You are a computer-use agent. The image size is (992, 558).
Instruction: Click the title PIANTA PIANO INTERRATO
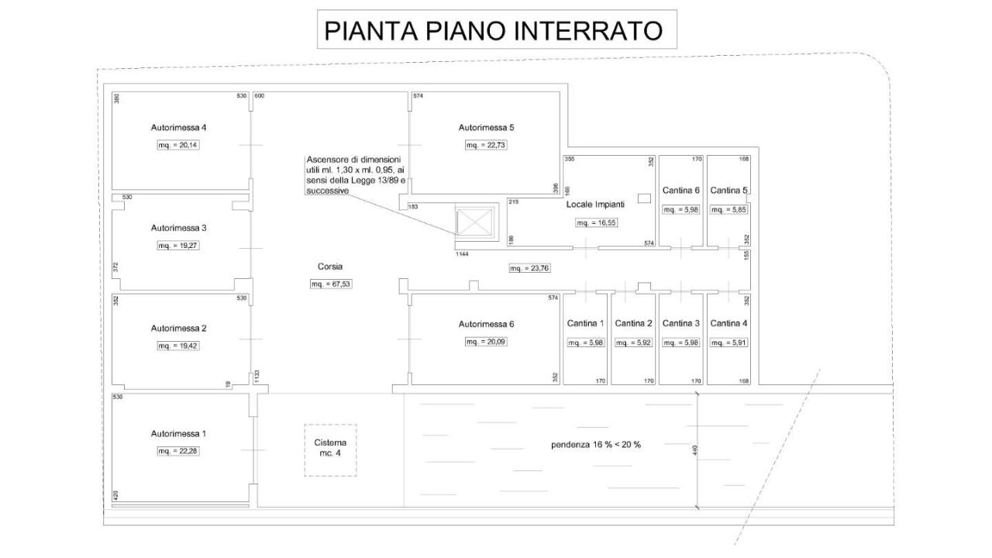494,30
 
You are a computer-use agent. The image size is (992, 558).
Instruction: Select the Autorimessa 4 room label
178,127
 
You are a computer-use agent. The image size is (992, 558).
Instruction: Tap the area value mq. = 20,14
178,145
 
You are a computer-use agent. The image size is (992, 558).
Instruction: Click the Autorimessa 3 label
178,228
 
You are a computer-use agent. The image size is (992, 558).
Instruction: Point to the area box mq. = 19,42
178,346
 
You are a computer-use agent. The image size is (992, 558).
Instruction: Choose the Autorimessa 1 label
178,433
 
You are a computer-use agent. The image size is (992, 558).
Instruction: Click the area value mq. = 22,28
178,451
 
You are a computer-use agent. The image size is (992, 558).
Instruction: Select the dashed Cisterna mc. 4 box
330,449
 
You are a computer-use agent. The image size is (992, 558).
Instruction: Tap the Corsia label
330,266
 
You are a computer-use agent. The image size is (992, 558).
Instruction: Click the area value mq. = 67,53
331,284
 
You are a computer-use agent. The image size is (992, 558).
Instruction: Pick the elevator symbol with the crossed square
474,221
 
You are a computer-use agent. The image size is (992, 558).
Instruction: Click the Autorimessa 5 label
486,127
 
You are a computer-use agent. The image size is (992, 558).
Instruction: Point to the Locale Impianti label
595,205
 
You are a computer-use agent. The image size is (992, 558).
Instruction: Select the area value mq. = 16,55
595,223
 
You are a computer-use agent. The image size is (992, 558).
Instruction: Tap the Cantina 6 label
681,190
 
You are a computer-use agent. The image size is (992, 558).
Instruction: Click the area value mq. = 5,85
729,209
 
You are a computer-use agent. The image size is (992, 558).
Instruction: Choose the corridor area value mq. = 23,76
529,269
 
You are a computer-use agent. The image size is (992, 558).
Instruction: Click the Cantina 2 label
633,323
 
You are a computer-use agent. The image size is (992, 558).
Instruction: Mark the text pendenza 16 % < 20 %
595,445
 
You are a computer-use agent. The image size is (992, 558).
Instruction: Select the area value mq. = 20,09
486,342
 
